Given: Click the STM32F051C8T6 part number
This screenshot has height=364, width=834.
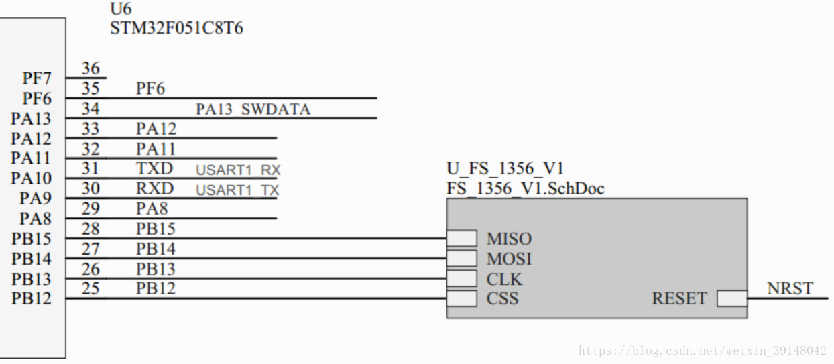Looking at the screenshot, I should pyautogui.click(x=176, y=29).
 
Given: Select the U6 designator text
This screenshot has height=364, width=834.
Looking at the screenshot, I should pyautogui.click(x=121, y=9).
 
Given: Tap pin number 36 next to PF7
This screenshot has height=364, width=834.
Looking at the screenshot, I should pyautogui.click(x=91, y=68).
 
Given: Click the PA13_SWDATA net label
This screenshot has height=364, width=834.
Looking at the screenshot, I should pyautogui.click(x=253, y=109).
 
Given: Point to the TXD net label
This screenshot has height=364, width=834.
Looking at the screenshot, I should pyautogui.click(x=154, y=168).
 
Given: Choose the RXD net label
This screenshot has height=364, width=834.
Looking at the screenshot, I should pyautogui.click(x=154, y=188).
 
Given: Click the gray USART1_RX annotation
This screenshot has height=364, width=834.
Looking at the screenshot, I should pyautogui.click(x=238, y=170).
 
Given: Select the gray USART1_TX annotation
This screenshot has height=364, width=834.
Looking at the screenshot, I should pyautogui.click(x=238, y=190).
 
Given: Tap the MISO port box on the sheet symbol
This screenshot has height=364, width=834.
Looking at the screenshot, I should pyautogui.click(x=462, y=238).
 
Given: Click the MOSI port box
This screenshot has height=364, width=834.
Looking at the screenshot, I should pyautogui.click(x=462, y=258).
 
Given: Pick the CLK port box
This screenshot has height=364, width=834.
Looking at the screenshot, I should pyautogui.click(x=462, y=278).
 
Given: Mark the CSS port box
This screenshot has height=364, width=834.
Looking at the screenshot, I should pyautogui.click(x=462, y=298).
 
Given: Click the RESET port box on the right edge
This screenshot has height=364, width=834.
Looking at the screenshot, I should pyautogui.click(x=732, y=298).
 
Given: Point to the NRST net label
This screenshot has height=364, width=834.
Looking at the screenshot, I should pyautogui.click(x=790, y=289).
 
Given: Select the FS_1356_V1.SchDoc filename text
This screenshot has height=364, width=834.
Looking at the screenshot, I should pyautogui.click(x=526, y=188).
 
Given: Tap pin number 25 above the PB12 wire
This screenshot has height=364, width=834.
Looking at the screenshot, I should pyautogui.click(x=91, y=289).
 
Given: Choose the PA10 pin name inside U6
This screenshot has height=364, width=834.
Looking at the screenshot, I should pyautogui.click(x=31, y=178).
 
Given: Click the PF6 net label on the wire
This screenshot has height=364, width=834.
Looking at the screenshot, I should pyautogui.click(x=150, y=88).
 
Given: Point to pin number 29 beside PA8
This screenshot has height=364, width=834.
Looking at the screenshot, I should pyautogui.click(x=91, y=208).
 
